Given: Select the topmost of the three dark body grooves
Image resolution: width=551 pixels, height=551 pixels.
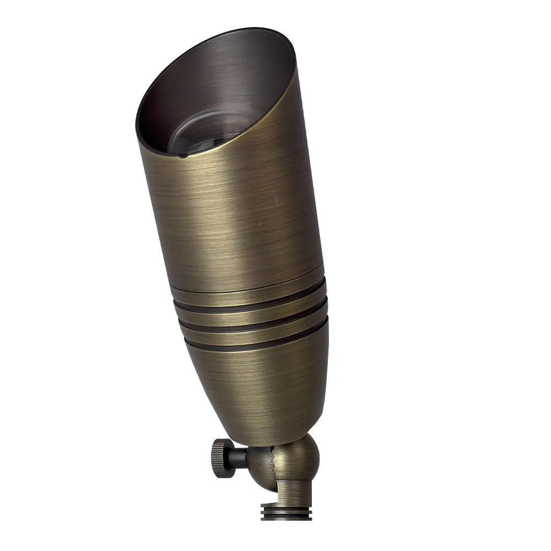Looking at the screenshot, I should coord(248,305).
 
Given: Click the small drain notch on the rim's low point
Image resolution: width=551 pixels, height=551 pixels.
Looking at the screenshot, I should coord(182,156).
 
